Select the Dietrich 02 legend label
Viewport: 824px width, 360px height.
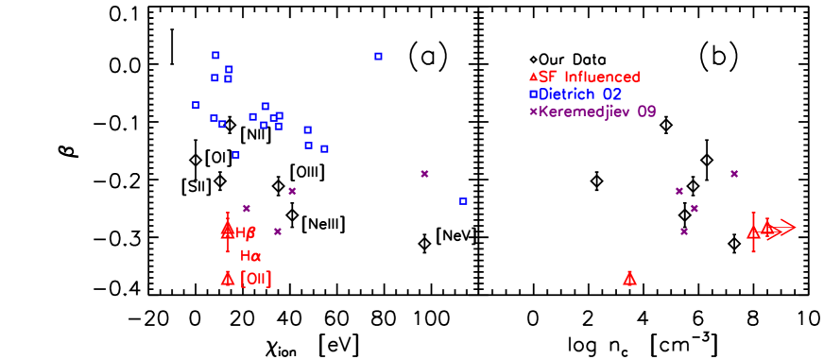(580, 94)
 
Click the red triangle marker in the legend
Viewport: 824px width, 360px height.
(533, 77)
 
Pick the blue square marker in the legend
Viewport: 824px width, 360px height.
(533, 94)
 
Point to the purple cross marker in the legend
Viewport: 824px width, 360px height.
(533, 111)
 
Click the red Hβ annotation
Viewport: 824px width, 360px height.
(246, 232)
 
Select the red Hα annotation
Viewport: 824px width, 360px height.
(250, 255)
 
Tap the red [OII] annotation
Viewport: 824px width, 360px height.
(256, 279)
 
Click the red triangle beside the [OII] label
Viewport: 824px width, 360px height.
(228, 278)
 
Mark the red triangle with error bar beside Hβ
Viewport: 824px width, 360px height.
(228, 229)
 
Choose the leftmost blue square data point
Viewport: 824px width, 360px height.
(196, 105)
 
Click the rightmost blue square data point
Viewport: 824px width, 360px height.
(463, 201)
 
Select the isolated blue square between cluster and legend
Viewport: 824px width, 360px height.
(378, 56)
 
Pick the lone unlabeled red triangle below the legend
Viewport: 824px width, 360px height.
(629, 278)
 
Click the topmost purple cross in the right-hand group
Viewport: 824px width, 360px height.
(734, 173)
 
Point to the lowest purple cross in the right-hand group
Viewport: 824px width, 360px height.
(684, 231)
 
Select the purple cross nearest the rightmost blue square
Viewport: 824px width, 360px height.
(424, 173)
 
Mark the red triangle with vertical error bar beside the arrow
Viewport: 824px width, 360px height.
(753, 231)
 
